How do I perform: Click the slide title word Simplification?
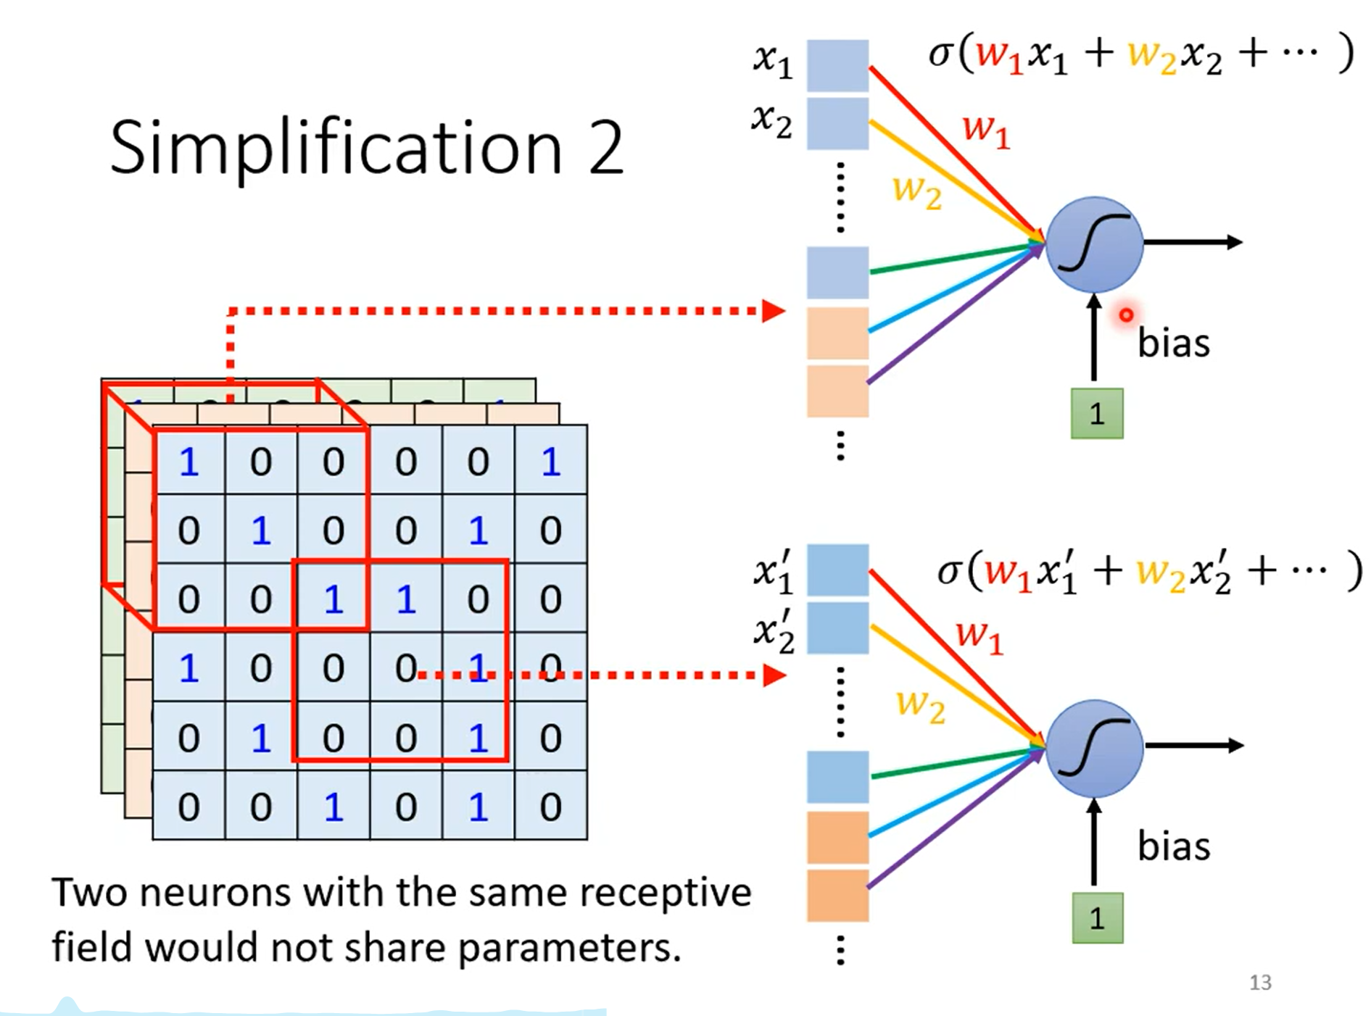(x=336, y=149)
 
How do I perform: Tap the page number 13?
(x=1260, y=983)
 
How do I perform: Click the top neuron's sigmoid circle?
(x=1094, y=244)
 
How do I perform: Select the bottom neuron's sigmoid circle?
(x=1094, y=748)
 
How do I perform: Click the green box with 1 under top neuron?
(x=1097, y=414)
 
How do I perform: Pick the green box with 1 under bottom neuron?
(x=1098, y=918)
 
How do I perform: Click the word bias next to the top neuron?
(x=1174, y=343)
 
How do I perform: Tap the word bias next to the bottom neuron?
(x=1174, y=846)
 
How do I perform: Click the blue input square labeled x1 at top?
(x=838, y=65)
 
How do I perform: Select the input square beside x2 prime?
(x=838, y=628)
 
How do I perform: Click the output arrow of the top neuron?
(x=1193, y=242)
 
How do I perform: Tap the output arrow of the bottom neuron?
(x=1194, y=745)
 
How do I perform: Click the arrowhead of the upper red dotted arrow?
(x=774, y=311)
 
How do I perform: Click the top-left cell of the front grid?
(x=189, y=461)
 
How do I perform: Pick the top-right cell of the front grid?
(x=551, y=461)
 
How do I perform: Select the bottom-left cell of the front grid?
(x=189, y=806)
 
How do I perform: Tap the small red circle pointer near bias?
(x=1126, y=315)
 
